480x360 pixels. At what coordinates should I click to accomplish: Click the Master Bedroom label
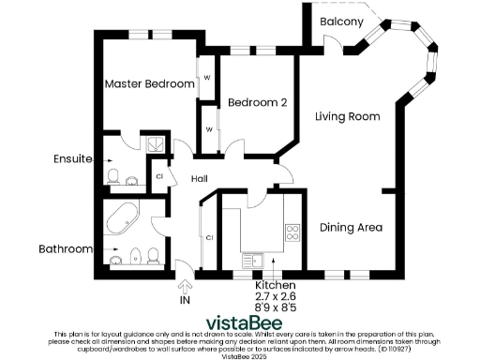click(149, 84)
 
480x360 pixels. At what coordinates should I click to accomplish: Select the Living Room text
click(347, 117)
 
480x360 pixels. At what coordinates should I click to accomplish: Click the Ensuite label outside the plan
click(72, 159)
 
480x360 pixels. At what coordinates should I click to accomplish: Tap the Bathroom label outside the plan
click(65, 249)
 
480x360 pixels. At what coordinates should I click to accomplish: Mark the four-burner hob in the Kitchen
click(292, 232)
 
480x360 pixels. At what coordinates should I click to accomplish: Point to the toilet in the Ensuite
click(112, 175)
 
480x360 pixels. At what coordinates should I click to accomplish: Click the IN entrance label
click(184, 300)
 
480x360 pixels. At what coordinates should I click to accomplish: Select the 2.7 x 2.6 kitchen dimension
click(277, 295)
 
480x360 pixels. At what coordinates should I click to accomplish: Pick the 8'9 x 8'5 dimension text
click(277, 307)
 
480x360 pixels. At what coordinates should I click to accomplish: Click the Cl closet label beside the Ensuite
click(159, 175)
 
